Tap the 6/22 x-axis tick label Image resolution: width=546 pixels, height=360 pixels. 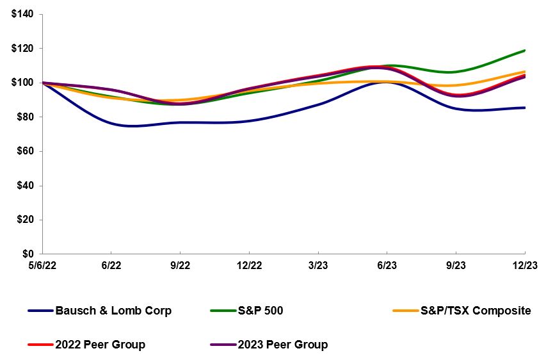[x=111, y=265]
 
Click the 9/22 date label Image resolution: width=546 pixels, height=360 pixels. [x=181, y=265]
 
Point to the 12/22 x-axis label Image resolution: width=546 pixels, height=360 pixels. [x=250, y=265]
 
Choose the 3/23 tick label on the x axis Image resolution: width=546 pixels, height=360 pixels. [x=318, y=265]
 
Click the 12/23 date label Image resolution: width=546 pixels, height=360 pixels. [x=525, y=265]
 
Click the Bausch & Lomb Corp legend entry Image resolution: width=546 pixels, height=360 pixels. [x=113, y=311]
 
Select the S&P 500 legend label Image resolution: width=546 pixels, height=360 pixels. [x=261, y=311]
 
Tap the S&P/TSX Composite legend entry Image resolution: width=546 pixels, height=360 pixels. [x=476, y=311]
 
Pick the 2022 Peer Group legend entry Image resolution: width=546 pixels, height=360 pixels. [x=100, y=345]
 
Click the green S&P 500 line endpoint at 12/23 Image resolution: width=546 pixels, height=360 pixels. [x=525, y=50]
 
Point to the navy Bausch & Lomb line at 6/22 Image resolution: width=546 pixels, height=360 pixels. [x=111, y=123]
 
